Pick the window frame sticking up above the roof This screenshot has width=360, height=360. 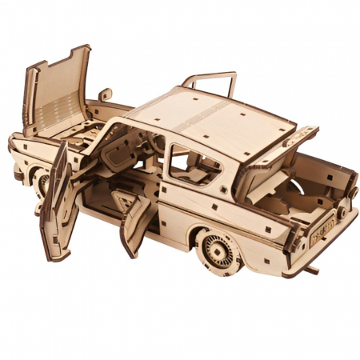coord(210,82)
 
